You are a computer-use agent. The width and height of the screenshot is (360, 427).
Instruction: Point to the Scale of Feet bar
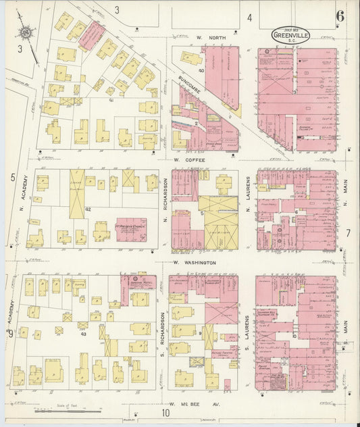click(x=68, y=409)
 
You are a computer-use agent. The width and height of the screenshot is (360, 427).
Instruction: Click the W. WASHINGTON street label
click(x=194, y=262)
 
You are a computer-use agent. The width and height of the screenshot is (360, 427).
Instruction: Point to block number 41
click(x=111, y=100)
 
